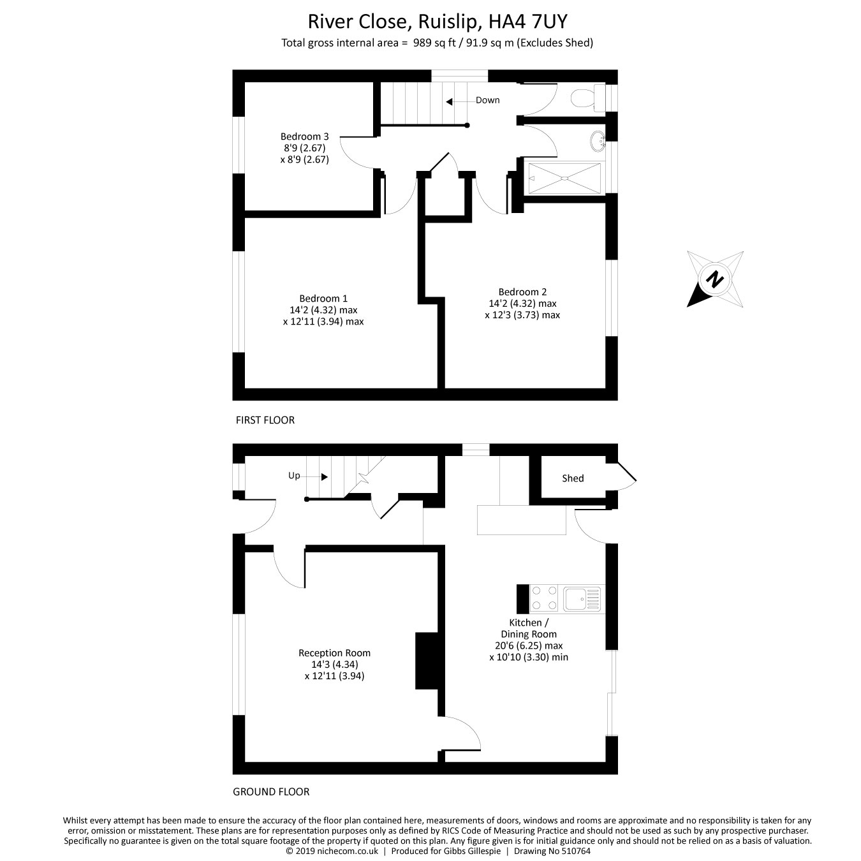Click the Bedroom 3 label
304,136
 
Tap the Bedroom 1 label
323,298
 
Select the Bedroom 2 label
522,292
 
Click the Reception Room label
334,653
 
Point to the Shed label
573,478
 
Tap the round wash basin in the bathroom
598,140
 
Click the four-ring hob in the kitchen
543,599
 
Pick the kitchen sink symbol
582,599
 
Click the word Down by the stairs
487,100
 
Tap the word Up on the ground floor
294,476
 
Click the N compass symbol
715,279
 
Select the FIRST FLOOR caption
265,420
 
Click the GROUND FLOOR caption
271,792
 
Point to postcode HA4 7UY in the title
528,22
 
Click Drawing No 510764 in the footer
552,851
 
